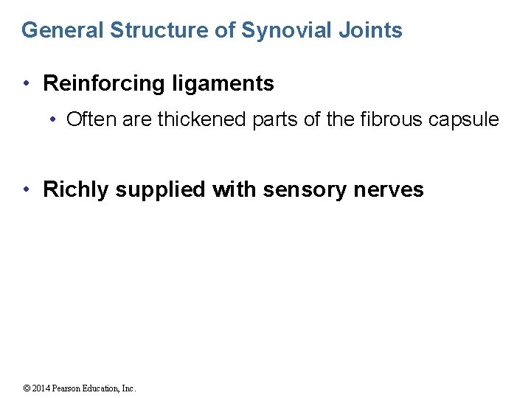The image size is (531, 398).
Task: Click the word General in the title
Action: (62, 30)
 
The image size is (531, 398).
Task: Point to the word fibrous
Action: (386, 119)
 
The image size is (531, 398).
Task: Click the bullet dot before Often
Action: (57, 119)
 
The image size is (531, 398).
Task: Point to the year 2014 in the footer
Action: (41, 388)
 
